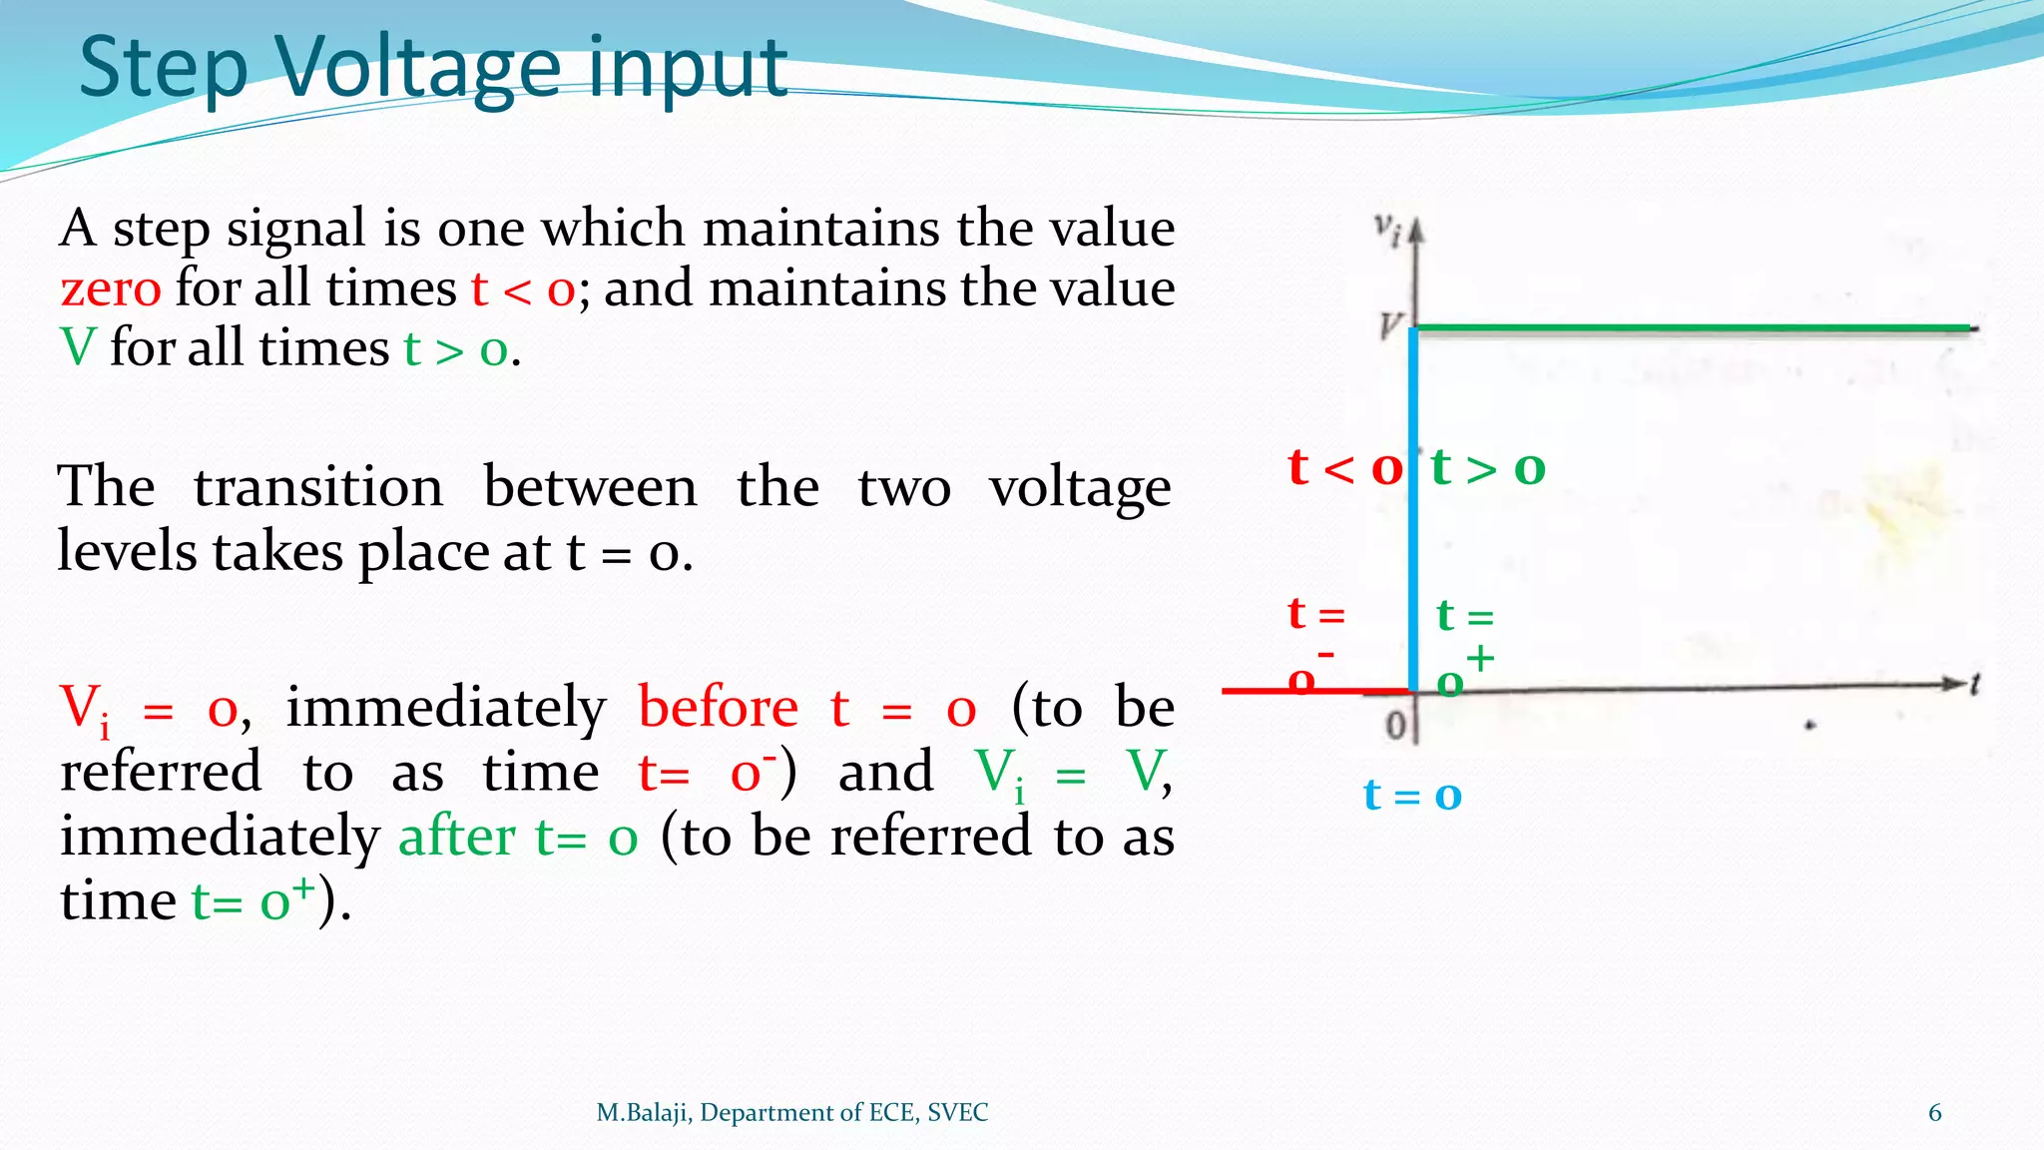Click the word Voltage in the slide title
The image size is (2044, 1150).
[419, 68]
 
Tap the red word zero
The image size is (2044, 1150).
[110, 289]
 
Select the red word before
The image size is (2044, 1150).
[718, 708]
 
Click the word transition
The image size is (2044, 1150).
[318, 488]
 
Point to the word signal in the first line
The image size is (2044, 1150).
[295, 229]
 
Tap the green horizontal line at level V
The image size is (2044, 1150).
[1697, 327]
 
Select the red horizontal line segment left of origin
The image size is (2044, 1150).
[1297, 690]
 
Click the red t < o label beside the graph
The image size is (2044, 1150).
[1344, 467]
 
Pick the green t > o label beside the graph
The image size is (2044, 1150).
[1488, 467]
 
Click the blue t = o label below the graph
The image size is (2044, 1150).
[1412, 796]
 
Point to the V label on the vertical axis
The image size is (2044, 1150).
[1390, 325]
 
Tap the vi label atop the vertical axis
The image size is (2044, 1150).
[1386, 229]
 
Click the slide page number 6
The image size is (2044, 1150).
[1934, 1113]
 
